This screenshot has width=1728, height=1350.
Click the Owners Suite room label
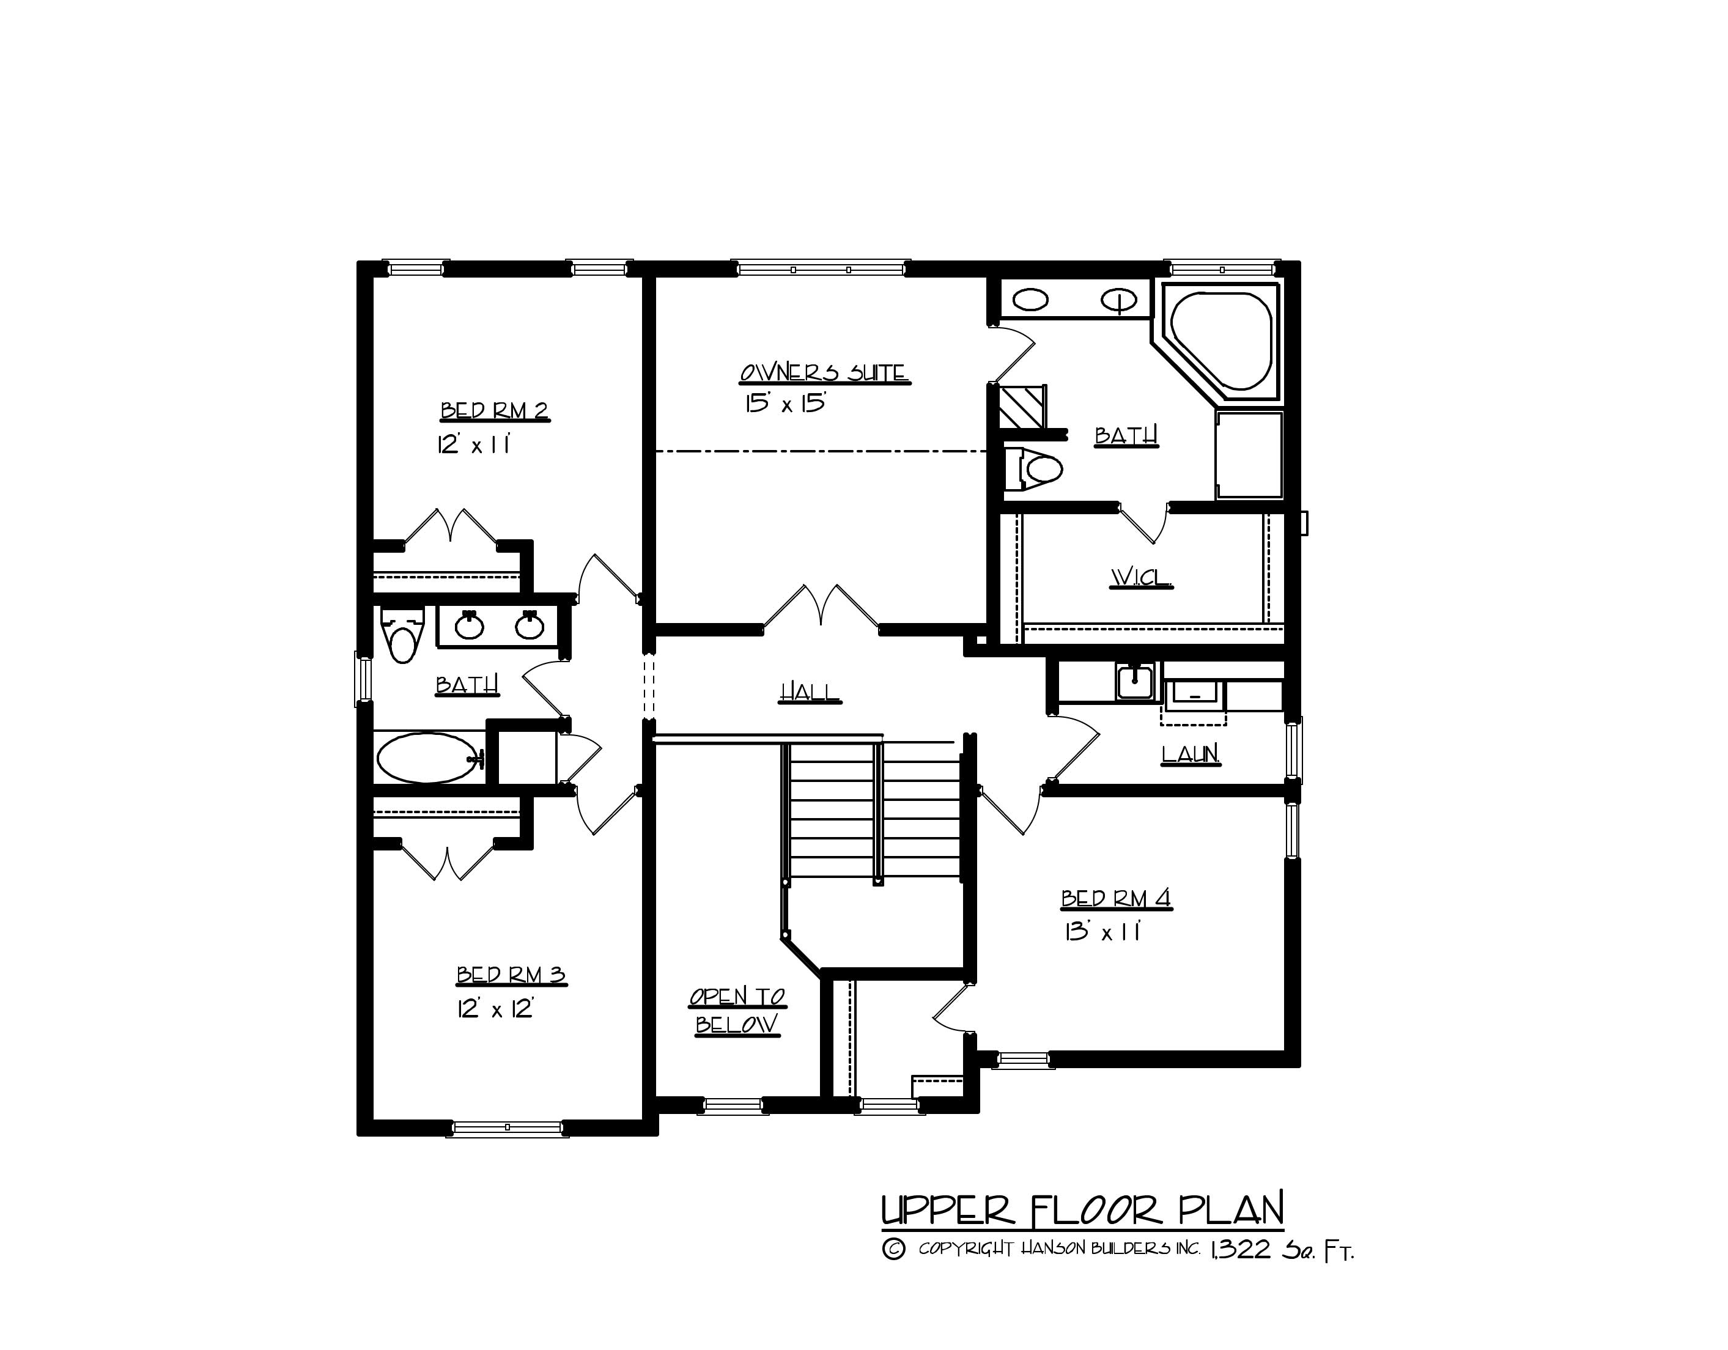(824, 373)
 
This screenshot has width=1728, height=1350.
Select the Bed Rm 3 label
(511, 975)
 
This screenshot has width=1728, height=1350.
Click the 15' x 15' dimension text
(785, 404)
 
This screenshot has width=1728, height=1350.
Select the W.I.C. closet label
(1141, 578)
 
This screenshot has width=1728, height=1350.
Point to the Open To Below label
(737, 1011)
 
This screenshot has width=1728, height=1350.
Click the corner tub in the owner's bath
(1221, 342)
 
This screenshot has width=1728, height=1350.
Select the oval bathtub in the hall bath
(428, 758)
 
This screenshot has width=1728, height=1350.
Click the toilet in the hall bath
(403, 637)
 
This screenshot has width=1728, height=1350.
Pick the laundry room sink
(1135, 681)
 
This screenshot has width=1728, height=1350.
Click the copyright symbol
(893, 1250)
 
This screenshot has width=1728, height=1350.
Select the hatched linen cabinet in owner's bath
(1021, 406)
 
